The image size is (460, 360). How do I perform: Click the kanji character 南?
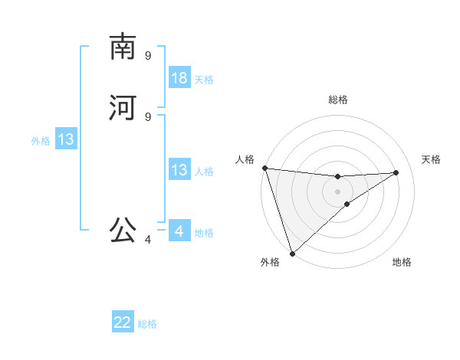tap(123, 47)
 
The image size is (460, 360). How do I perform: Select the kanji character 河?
tap(123, 108)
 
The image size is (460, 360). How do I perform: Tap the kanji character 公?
tap(123, 229)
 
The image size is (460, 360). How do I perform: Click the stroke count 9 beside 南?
tap(148, 55)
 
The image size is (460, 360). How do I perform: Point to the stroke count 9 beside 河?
tap(148, 116)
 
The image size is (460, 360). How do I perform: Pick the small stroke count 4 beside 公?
tap(148, 240)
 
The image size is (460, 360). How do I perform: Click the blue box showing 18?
tap(179, 78)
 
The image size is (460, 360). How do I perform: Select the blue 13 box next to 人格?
tap(179, 170)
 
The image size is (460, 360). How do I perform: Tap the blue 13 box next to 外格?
tap(66, 139)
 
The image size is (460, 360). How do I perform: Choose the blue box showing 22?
tap(123, 322)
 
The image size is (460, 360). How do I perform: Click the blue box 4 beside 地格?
tap(179, 231)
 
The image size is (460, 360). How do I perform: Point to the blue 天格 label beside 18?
tap(204, 80)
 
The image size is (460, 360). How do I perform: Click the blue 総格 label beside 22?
tap(147, 324)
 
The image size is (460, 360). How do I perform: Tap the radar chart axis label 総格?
tap(338, 100)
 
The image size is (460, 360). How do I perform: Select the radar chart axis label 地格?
tap(402, 262)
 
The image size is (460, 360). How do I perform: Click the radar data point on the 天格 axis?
tap(396, 172)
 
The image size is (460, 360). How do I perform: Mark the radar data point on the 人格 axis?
tap(264, 168)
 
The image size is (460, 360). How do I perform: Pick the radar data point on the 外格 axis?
tap(291, 253)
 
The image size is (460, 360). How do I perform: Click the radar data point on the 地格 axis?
tap(347, 204)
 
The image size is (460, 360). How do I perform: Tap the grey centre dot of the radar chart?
tap(337, 191)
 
